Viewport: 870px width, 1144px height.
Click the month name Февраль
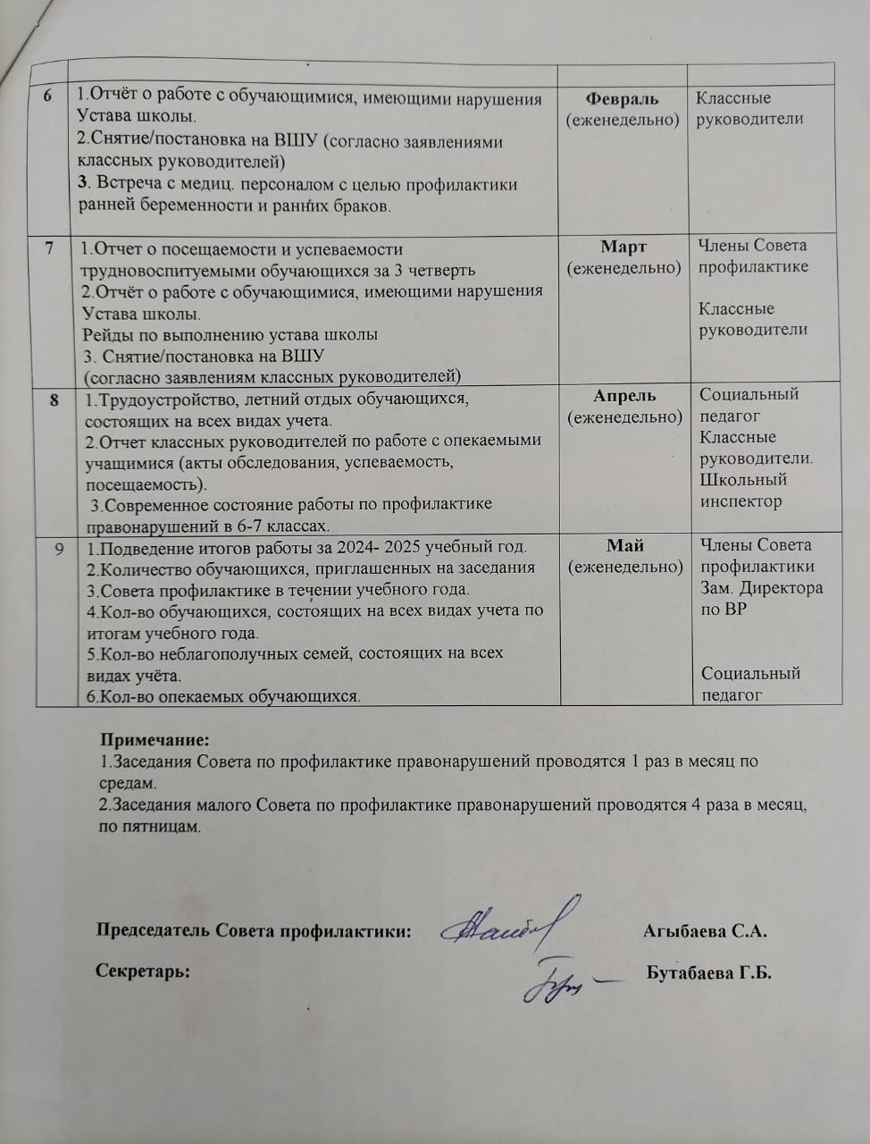[x=622, y=98]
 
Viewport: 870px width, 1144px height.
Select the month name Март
[x=623, y=247]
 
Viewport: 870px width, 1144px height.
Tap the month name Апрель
[x=624, y=396]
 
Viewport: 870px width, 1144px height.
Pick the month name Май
[x=625, y=545]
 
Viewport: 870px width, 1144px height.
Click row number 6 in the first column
[x=47, y=97]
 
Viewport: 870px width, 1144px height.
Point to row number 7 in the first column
[x=50, y=248]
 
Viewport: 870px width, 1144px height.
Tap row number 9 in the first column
[x=58, y=548]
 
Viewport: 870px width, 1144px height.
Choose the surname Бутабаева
[x=688, y=973]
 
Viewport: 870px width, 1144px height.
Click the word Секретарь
[x=143, y=972]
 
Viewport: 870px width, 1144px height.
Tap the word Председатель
[x=155, y=930]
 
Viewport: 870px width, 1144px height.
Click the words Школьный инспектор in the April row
[x=742, y=491]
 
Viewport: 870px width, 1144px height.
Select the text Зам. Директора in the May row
[x=761, y=588]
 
